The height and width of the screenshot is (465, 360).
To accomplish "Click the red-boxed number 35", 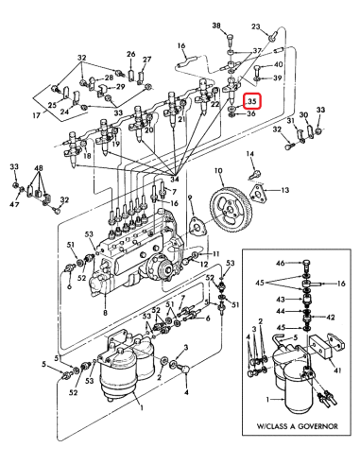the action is (x=252, y=101).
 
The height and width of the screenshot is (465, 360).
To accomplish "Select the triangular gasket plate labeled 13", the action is (x=258, y=192).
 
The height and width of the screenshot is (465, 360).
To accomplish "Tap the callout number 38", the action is (x=216, y=26).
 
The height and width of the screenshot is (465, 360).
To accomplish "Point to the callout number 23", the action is (x=256, y=26).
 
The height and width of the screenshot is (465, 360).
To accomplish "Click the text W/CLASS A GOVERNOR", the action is (x=297, y=426).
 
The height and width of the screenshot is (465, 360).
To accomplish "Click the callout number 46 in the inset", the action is (x=281, y=263).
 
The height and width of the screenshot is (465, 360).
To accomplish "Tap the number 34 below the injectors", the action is (x=175, y=180).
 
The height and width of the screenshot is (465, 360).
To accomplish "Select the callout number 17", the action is (x=37, y=115).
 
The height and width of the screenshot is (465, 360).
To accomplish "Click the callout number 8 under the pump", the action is (x=105, y=313).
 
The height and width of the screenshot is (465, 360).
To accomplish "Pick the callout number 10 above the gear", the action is (x=218, y=171).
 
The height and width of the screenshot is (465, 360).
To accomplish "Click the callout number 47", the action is (x=14, y=204).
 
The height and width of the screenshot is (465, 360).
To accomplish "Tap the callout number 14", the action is (x=249, y=154).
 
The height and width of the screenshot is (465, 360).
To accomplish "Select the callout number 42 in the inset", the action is (x=330, y=318).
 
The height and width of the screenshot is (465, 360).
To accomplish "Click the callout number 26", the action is (x=130, y=54).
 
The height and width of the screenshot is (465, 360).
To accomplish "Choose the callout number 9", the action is (x=190, y=198).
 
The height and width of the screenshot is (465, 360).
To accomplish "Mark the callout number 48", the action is (x=39, y=168).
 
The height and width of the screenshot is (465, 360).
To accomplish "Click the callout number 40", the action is (x=278, y=65).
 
